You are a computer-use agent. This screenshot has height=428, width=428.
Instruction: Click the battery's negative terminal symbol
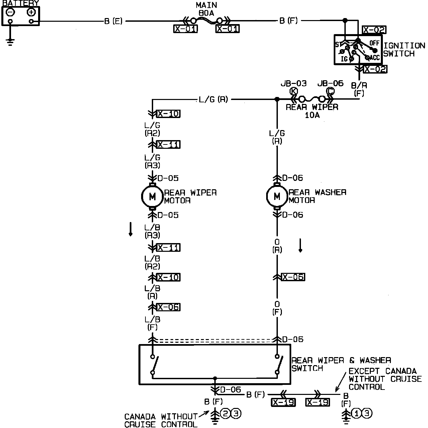pyautogui.click(x=10, y=12)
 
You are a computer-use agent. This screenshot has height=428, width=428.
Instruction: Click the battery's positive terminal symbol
pyautogui.click(x=31, y=12)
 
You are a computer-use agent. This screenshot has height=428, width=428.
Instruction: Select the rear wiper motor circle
pyautogui.click(x=152, y=197)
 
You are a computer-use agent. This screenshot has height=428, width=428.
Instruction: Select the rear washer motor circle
pyautogui.click(x=277, y=197)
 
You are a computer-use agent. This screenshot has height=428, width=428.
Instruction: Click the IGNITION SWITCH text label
pyautogui.click(x=404, y=49)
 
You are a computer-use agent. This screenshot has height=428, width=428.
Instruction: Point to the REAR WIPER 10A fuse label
pyautogui.click(x=312, y=111)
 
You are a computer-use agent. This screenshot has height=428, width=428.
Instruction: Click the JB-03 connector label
pyautogui.click(x=294, y=83)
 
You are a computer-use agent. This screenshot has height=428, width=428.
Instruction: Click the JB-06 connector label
pyautogui.click(x=330, y=83)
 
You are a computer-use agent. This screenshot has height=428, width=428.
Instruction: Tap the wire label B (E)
pyautogui.click(x=113, y=21)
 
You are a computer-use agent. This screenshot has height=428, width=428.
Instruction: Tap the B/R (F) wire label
pyautogui.click(x=359, y=89)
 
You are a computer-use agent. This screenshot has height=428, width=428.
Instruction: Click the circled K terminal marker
pyautogui.click(x=294, y=91)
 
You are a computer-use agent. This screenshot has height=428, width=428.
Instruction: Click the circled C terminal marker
pyautogui.click(x=330, y=91)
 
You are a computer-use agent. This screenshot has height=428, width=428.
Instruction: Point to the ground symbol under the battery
pyautogui.click(x=10, y=42)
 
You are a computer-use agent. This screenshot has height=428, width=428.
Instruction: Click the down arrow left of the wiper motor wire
pyautogui.click(x=130, y=230)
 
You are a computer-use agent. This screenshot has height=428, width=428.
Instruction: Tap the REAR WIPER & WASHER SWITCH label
pyautogui.click(x=341, y=364)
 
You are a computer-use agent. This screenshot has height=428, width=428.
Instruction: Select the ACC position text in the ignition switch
pyautogui.click(x=374, y=58)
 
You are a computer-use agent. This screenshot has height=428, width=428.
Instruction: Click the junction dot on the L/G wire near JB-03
pyautogui.click(x=277, y=99)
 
